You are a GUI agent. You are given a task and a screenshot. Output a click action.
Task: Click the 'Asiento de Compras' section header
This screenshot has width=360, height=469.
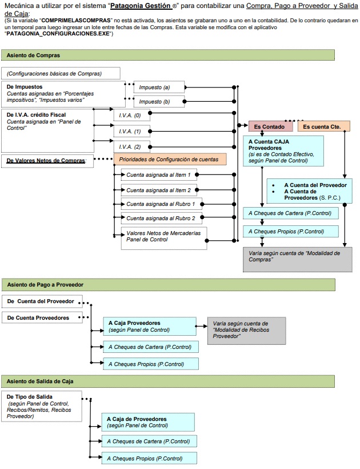click(168, 55)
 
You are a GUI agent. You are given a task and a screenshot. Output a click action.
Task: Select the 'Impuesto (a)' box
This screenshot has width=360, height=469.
click(159, 87)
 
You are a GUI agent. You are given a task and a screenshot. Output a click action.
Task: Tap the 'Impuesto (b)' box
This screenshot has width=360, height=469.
click(159, 102)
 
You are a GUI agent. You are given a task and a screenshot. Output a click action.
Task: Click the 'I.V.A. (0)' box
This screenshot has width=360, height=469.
click(132, 115)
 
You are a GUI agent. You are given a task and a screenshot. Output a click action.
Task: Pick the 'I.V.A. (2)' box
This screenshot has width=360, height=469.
click(132, 146)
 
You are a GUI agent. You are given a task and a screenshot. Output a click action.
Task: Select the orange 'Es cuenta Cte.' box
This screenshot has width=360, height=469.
click(324, 126)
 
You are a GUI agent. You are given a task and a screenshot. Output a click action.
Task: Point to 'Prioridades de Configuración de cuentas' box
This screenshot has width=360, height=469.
click(170, 160)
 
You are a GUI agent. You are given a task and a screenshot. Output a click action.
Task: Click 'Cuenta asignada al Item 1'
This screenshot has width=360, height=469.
click(159, 174)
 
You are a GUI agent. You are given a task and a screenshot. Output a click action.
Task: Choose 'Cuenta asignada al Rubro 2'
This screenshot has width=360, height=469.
click(161, 218)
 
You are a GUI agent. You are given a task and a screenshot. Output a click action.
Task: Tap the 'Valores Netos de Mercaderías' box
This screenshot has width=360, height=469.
click(164, 238)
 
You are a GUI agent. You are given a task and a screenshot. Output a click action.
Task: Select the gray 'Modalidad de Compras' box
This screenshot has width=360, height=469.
click(298, 259)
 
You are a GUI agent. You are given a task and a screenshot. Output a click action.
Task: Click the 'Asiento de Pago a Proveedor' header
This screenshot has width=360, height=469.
click(169, 285)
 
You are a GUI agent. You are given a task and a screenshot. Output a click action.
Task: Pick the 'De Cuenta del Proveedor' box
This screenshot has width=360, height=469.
click(42, 301)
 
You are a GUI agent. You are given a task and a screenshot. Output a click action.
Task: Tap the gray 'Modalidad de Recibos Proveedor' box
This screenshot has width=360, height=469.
click(247, 331)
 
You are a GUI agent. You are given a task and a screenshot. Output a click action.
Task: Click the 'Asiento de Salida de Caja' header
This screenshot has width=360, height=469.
click(168, 381)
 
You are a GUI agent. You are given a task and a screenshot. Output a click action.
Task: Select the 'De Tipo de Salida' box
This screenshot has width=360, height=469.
click(42, 406)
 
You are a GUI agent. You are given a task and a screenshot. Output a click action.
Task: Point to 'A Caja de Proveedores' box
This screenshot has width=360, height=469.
click(148, 422)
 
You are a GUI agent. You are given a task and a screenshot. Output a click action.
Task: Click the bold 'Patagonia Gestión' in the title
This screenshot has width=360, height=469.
click(141, 6)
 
